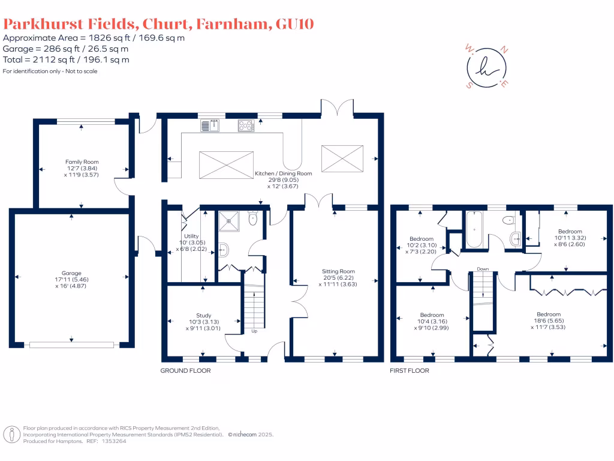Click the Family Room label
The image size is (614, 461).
pos(82,162)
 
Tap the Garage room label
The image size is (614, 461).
pos(71,273)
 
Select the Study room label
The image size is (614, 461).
pos(204,316)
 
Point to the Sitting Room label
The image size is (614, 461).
pos(338,271)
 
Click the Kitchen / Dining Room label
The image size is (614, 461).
pos(284,173)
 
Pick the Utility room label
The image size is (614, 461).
pos(191,236)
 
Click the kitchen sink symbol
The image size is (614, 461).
pos(210,125)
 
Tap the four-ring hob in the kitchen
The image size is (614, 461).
pos(246,125)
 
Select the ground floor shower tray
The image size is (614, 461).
pos(228,221)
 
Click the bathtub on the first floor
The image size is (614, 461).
pos(474,229)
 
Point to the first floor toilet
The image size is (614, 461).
pos(508,220)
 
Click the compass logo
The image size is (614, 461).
pos(487,67)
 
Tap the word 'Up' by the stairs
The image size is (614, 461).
pos(254,331)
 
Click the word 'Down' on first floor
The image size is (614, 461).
pos(483,269)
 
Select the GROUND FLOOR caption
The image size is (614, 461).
pos(186,370)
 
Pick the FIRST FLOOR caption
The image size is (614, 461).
pos(409,370)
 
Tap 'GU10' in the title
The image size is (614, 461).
pos(295,24)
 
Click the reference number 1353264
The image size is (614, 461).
pos(114,441)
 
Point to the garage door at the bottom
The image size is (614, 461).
pos(72,345)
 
